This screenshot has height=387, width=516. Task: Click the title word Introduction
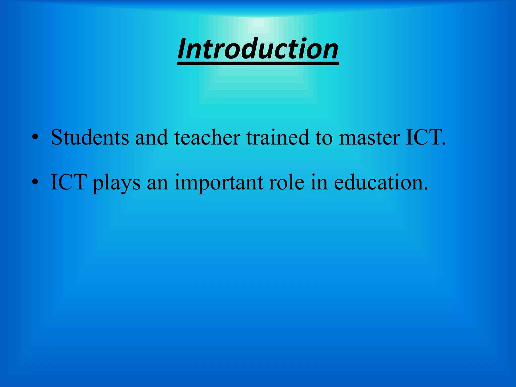pyautogui.click(x=258, y=49)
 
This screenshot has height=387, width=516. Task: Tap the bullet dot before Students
pyautogui.click(x=35, y=138)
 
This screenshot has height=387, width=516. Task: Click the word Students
pyautogui.click(x=90, y=137)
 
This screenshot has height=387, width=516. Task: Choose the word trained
pyautogui.click(x=277, y=137)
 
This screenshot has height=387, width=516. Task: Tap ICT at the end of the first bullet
pyautogui.click(x=425, y=137)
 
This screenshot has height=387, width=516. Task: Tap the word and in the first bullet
pyautogui.click(x=151, y=137)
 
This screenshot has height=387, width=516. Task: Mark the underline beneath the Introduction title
pyautogui.click(x=258, y=63)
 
